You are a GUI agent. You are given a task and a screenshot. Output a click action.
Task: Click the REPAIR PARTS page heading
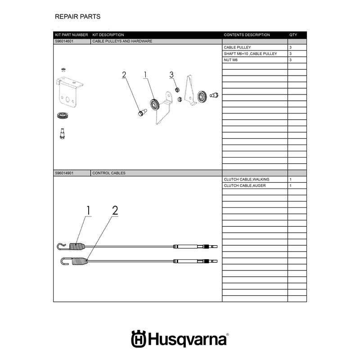click(77, 17)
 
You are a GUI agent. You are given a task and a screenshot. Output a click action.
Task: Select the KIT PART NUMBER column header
click(72, 35)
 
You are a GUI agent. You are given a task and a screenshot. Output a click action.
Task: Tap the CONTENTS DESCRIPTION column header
click(247, 35)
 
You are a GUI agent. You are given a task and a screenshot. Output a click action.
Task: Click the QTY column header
click(293, 35)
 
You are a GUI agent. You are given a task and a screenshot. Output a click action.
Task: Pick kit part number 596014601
click(64, 41)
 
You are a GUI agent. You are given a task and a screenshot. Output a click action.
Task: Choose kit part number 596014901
click(64, 173)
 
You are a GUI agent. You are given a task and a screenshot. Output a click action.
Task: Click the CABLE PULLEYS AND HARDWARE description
click(122, 41)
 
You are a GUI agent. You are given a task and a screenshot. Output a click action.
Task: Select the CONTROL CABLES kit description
click(109, 173)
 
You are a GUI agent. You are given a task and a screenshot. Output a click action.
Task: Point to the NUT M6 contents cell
click(231, 60)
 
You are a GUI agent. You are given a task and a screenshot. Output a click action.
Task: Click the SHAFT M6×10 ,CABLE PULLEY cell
click(251, 54)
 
